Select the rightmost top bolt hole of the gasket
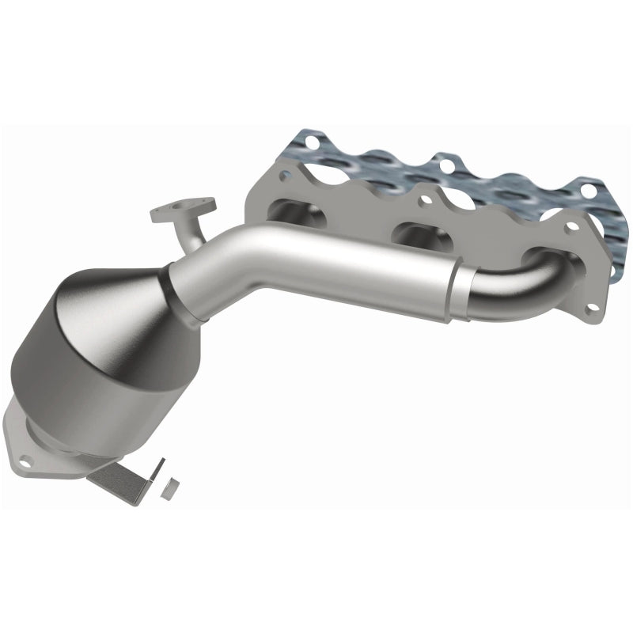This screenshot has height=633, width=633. [x=586, y=188]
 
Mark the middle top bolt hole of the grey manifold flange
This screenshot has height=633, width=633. [x=423, y=202]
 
